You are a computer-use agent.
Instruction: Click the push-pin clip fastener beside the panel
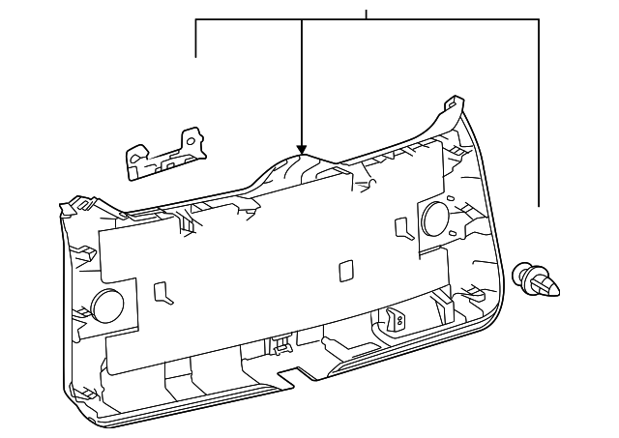pyautogui.click(x=539, y=280)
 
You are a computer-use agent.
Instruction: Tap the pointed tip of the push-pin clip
pyautogui.click(x=558, y=287)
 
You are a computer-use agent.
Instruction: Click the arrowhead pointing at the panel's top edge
pyautogui.click(x=302, y=149)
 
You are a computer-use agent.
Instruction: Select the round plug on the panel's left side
pyautogui.click(x=107, y=305)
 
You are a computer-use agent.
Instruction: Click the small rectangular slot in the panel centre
pyautogui.click(x=344, y=272)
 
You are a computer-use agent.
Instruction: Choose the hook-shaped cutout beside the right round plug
pyautogui.click(x=401, y=228)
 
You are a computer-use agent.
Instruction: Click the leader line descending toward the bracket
pyautogui.click(x=196, y=39)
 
